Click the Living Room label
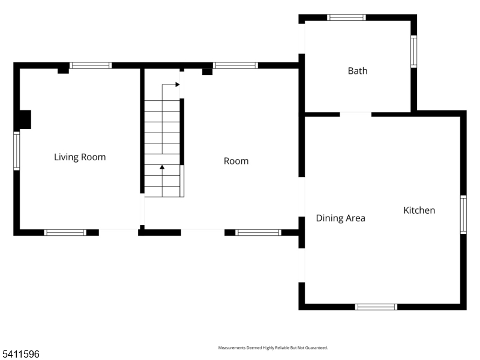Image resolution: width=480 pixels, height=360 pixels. pyautogui.click(x=80, y=157)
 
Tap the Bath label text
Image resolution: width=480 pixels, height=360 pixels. pyautogui.click(x=358, y=71)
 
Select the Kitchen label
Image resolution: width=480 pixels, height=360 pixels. pyautogui.click(x=419, y=210)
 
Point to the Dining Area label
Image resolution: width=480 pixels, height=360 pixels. pyautogui.click(x=340, y=218)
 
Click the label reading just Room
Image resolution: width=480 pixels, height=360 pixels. pyautogui.click(x=236, y=161)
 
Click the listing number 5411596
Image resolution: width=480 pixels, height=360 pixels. pyautogui.click(x=21, y=355)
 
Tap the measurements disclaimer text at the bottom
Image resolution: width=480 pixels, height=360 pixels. pyautogui.click(x=272, y=348)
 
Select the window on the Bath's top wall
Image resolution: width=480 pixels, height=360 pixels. pyautogui.click(x=346, y=17)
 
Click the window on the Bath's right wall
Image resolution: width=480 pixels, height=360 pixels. pyautogui.click(x=413, y=51)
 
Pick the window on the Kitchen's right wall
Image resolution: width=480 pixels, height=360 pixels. pyautogui.click(x=463, y=214)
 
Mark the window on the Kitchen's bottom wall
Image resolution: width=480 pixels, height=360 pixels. pyautogui.click(x=376, y=307)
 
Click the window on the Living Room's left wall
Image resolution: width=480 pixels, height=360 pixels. pyautogui.click(x=17, y=151)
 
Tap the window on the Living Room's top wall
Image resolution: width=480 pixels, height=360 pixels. pyautogui.click(x=91, y=65)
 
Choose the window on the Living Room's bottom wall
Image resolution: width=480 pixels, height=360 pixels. pyautogui.click(x=65, y=232)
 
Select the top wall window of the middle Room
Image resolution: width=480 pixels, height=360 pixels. pyautogui.click(x=236, y=65)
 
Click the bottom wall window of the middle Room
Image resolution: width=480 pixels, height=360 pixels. pyautogui.click(x=258, y=232)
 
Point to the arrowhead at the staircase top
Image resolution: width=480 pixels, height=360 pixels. pyautogui.click(x=178, y=85)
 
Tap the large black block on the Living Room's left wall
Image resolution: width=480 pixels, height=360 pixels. pyautogui.click(x=24, y=119)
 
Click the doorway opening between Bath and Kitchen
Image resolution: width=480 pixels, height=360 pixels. pyautogui.click(x=356, y=114)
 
